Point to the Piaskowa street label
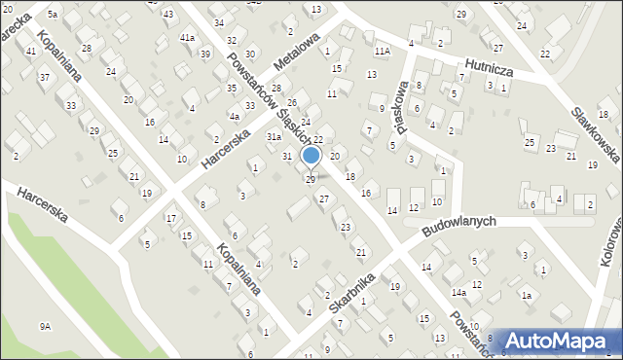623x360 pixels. tap(397, 96)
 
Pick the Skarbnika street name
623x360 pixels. tap(351, 292)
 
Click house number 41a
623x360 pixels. tap(187, 37)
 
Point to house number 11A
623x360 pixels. tap(382, 50)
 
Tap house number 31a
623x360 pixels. tap(275, 138)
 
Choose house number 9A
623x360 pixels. tap(45, 326)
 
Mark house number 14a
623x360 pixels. tap(458, 291)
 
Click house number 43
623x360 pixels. tap(168, 14)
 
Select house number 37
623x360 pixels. tap(44, 76)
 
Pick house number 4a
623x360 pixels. tap(234, 116)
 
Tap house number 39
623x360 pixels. tap(204, 54)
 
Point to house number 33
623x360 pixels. tap(70, 104)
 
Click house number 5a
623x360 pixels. tap(53, 15)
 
